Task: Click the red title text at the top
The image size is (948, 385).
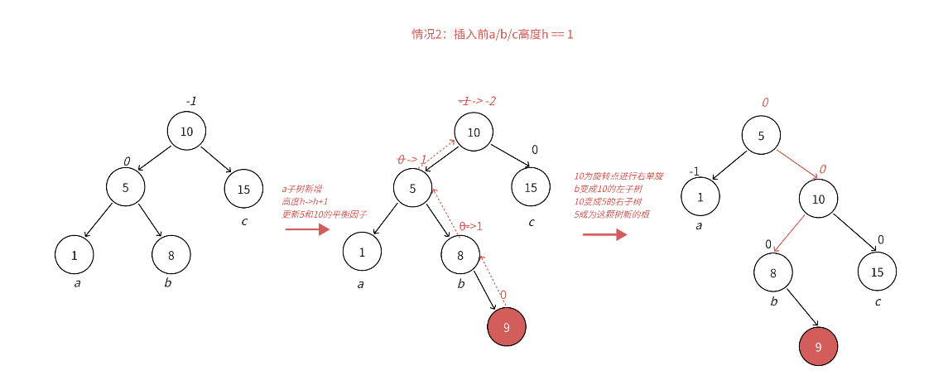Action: tap(493, 35)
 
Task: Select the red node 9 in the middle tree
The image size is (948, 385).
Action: tap(507, 327)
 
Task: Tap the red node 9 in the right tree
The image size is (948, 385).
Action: tap(818, 347)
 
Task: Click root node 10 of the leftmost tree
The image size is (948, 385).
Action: tap(186, 131)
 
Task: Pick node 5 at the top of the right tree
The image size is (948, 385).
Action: tap(761, 136)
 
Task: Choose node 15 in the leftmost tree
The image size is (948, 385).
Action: tap(243, 189)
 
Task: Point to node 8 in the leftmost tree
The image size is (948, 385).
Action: tap(171, 255)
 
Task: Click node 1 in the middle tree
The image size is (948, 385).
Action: tap(363, 252)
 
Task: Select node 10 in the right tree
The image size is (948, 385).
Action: tap(818, 199)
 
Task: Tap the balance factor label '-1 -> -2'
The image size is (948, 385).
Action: tap(478, 101)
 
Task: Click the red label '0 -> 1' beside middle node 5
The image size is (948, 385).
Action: tap(411, 159)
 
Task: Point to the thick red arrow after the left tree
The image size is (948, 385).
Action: tap(307, 229)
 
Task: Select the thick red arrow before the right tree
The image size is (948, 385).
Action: tap(604, 234)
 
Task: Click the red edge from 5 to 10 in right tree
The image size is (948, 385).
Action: tap(797, 164)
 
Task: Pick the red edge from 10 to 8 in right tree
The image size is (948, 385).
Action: tap(788, 234)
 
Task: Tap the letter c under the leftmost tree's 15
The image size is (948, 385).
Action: tap(244, 221)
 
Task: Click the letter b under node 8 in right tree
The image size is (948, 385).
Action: tap(774, 301)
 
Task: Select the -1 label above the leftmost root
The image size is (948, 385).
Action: tap(191, 101)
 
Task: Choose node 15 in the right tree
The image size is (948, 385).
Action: tap(877, 272)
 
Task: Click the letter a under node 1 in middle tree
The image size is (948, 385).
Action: tap(360, 284)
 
